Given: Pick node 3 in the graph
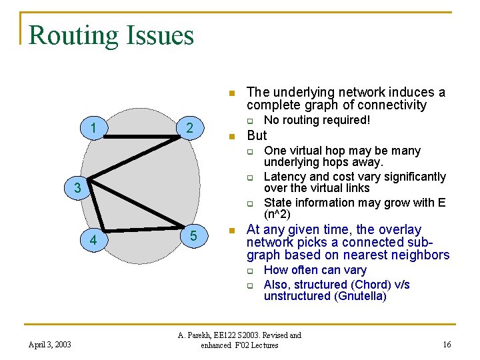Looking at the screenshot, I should (x=78, y=189).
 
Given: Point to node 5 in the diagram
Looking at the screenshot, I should (x=193, y=236).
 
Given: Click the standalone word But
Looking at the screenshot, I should (x=257, y=135).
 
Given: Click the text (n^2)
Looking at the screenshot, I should (x=277, y=215).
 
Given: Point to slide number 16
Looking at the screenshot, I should (x=447, y=345).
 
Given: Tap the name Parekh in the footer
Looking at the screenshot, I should (x=205, y=335).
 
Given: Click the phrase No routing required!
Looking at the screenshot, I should (x=317, y=120).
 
